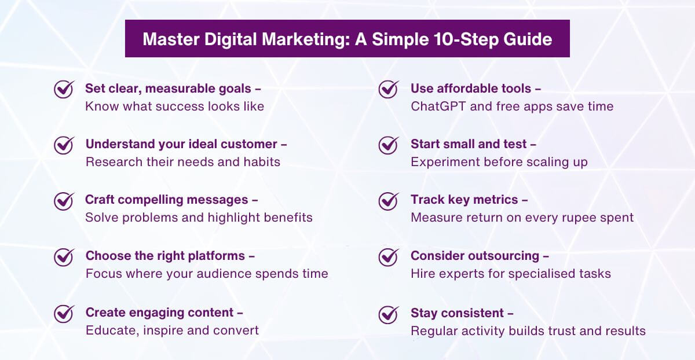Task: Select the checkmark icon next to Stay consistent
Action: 388,314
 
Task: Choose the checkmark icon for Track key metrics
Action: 388,201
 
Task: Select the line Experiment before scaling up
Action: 499,162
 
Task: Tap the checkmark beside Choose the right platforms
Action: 64,256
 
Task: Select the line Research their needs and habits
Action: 182,162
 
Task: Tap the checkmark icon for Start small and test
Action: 388,145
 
